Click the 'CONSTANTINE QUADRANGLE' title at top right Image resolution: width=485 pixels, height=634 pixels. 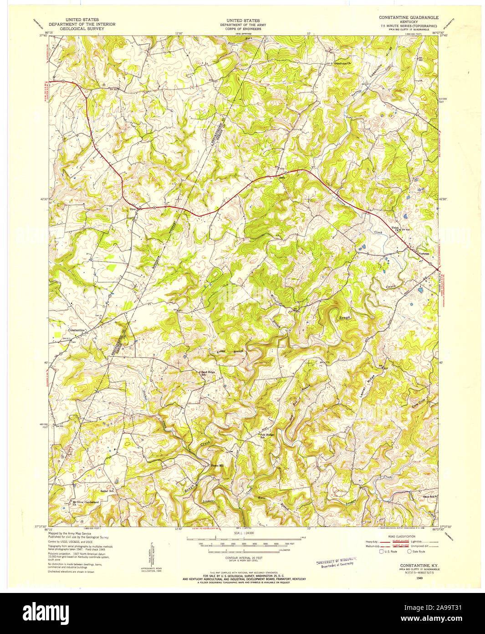(x=408, y=17)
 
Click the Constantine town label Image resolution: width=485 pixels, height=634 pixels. (x=77, y=330)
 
